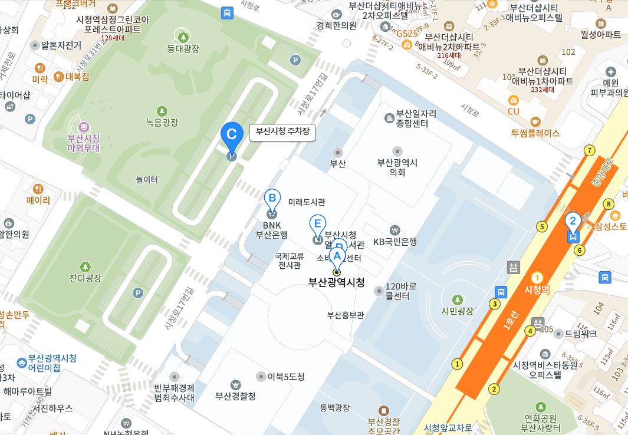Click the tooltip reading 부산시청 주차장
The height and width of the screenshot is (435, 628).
[282, 133]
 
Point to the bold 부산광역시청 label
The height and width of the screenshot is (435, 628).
[337, 283]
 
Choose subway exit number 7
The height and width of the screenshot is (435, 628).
[588, 151]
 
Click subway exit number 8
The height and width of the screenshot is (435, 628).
[609, 205]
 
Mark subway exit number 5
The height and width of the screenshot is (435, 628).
[541, 226]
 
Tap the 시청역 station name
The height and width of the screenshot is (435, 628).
[537, 290]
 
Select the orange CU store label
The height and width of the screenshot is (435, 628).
[513, 111]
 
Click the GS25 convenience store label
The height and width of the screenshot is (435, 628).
[407, 34]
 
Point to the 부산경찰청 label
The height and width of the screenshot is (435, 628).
[235, 396]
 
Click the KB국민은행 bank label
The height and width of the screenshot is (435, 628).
[395, 241]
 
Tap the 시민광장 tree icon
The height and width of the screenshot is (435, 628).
[458, 300]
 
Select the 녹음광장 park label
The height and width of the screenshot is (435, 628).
[162, 123]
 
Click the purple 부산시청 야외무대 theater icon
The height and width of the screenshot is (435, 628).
[84, 127]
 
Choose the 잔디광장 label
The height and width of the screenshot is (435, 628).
[86, 278]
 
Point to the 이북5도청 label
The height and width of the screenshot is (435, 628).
[285, 377]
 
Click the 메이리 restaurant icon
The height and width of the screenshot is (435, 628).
[38, 189]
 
